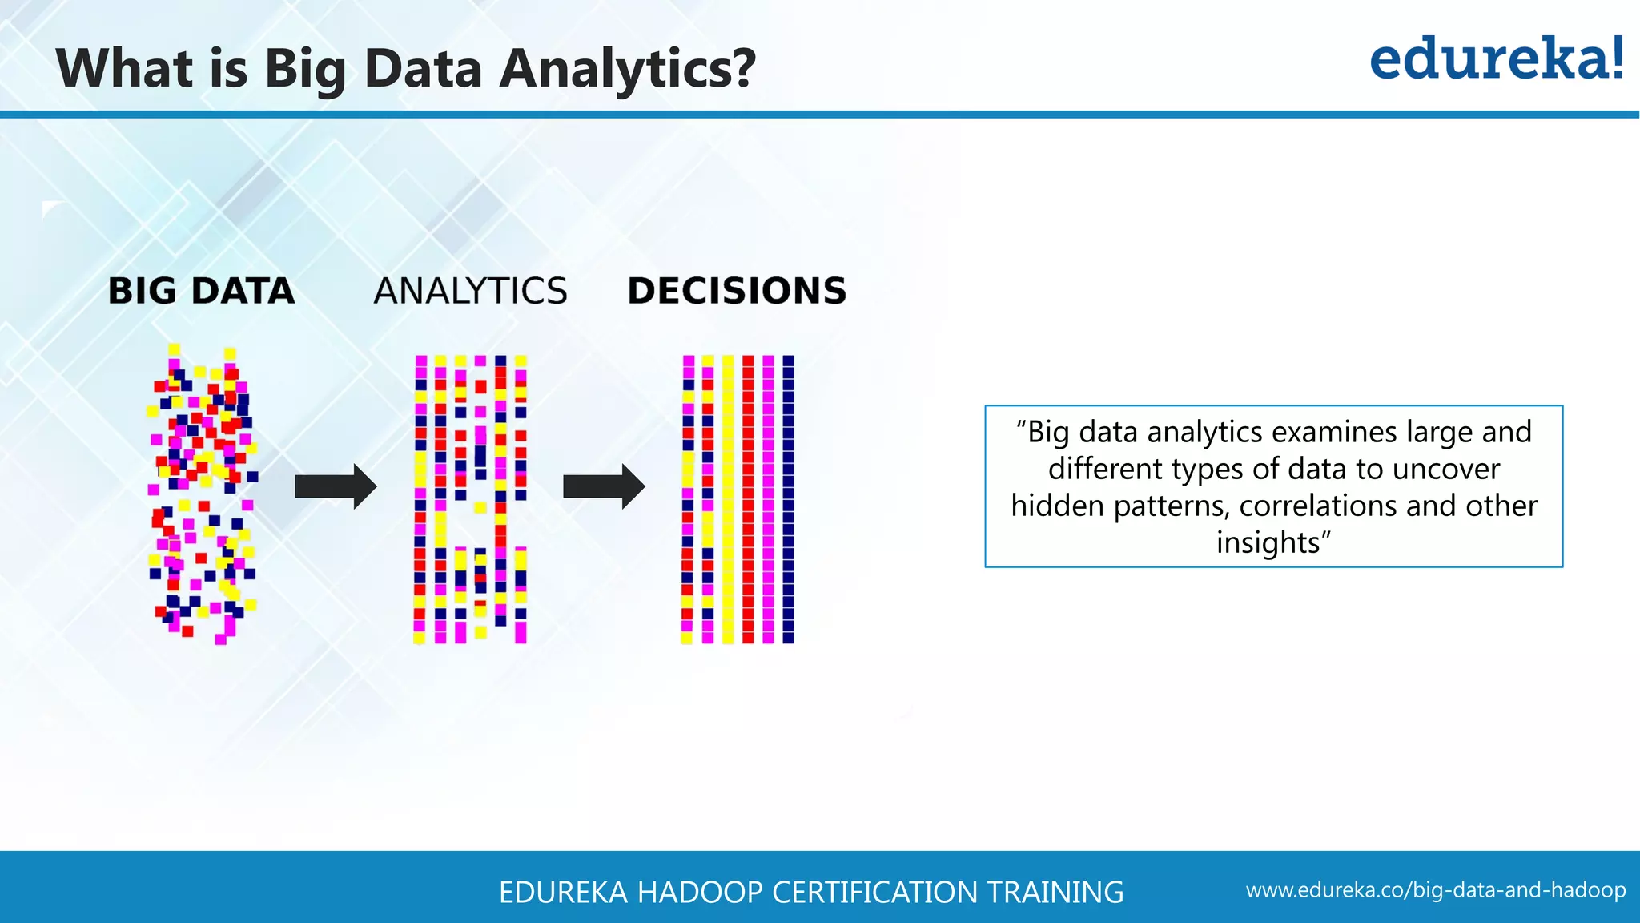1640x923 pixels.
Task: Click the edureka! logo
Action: point(1496,59)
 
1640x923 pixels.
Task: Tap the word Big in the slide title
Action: point(305,69)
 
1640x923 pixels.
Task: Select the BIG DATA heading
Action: point(201,291)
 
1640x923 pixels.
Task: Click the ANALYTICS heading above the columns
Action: point(470,291)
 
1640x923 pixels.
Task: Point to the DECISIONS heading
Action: point(737,291)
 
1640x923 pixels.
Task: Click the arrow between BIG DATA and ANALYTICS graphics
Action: point(335,486)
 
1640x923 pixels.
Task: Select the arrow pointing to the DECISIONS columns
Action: point(603,486)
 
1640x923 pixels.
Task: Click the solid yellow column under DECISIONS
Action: point(728,498)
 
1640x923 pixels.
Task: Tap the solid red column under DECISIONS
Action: point(748,498)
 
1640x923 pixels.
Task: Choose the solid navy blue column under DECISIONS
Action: point(788,498)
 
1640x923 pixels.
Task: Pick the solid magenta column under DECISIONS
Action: point(768,498)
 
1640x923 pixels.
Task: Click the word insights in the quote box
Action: point(1268,542)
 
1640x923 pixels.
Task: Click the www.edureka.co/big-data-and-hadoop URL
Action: point(1435,890)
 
